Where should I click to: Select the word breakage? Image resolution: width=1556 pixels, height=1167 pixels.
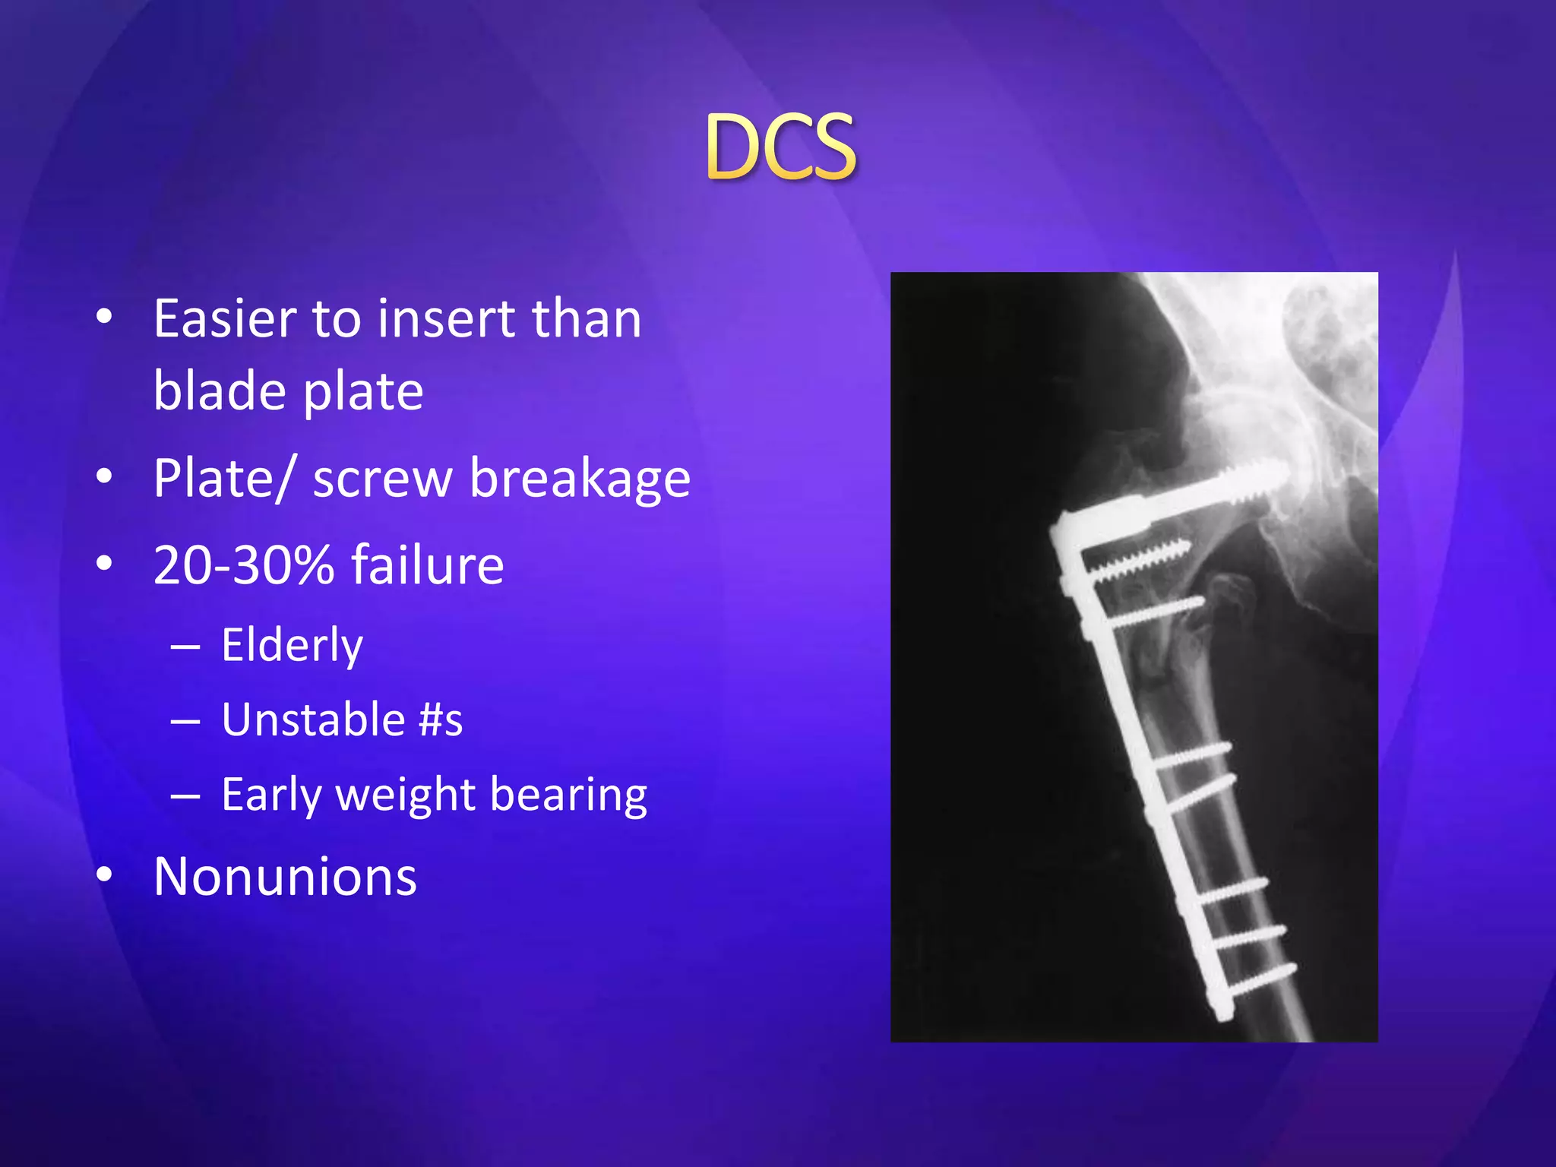tap(580, 479)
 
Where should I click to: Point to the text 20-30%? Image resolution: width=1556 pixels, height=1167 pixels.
tap(243, 565)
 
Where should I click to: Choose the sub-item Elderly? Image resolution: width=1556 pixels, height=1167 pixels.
tap(292, 645)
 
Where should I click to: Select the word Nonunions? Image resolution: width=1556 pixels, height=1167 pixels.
tap(285, 877)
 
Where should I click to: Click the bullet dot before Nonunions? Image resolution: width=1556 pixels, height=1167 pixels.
tap(105, 874)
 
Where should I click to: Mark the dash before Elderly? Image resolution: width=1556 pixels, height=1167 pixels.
tap(185, 647)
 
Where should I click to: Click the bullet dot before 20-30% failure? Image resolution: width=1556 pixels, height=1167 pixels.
tap(105, 564)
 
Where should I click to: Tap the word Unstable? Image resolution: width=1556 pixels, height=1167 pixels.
tap(313, 719)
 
